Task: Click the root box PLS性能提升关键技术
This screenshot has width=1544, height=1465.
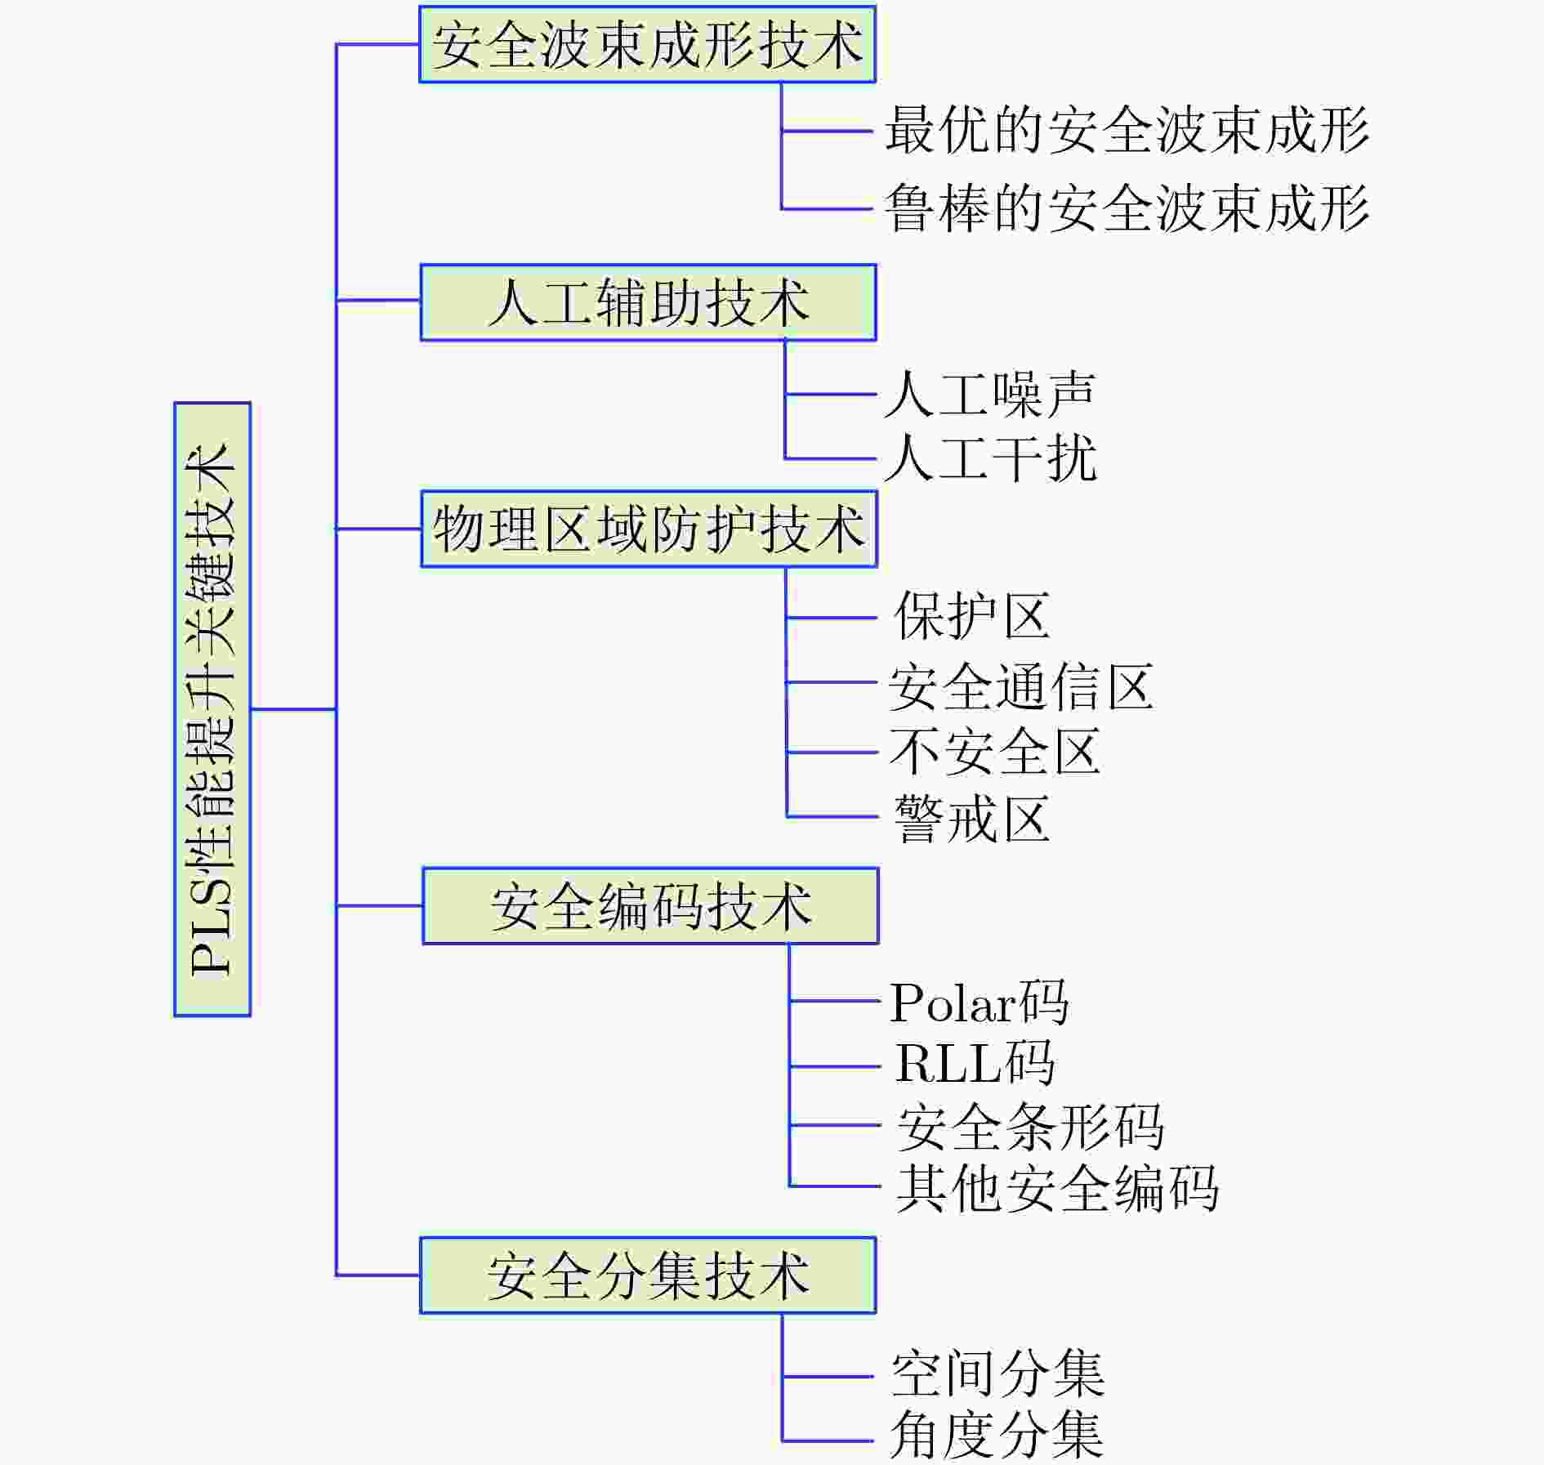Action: (x=212, y=709)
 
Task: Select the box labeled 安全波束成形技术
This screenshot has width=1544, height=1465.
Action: (x=647, y=44)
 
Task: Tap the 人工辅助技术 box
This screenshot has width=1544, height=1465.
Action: (x=649, y=302)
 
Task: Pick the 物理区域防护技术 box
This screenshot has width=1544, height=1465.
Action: (x=649, y=529)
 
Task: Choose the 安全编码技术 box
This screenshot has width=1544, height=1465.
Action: (x=650, y=906)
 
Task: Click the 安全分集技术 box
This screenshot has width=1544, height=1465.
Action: (x=648, y=1275)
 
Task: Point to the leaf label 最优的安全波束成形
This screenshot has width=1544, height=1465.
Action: (x=1127, y=130)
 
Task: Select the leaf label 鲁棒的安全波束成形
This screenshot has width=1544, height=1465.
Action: (x=1127, y=208)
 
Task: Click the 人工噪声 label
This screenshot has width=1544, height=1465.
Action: (x=990, y=394)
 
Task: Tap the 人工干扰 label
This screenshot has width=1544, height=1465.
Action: (x=990, y=458)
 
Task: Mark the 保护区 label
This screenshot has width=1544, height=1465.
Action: (x=972, y=616)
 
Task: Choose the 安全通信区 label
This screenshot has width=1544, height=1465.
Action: (x=1021, y=686)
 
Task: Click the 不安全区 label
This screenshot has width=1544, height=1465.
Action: (x=995, y=752)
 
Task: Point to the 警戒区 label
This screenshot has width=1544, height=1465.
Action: (x=972, y=818)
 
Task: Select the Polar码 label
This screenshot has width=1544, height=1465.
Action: (x=979, y=1002)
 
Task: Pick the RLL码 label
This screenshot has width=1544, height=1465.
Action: (x=975, y=1063)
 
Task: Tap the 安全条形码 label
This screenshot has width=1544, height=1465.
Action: (x=1031, y=1127)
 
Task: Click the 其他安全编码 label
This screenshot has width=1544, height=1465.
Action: (x=1057, y=1188)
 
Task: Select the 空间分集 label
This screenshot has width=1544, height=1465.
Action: (x=997, y=1374)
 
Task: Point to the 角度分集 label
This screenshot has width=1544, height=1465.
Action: (x=997, y=1436)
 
